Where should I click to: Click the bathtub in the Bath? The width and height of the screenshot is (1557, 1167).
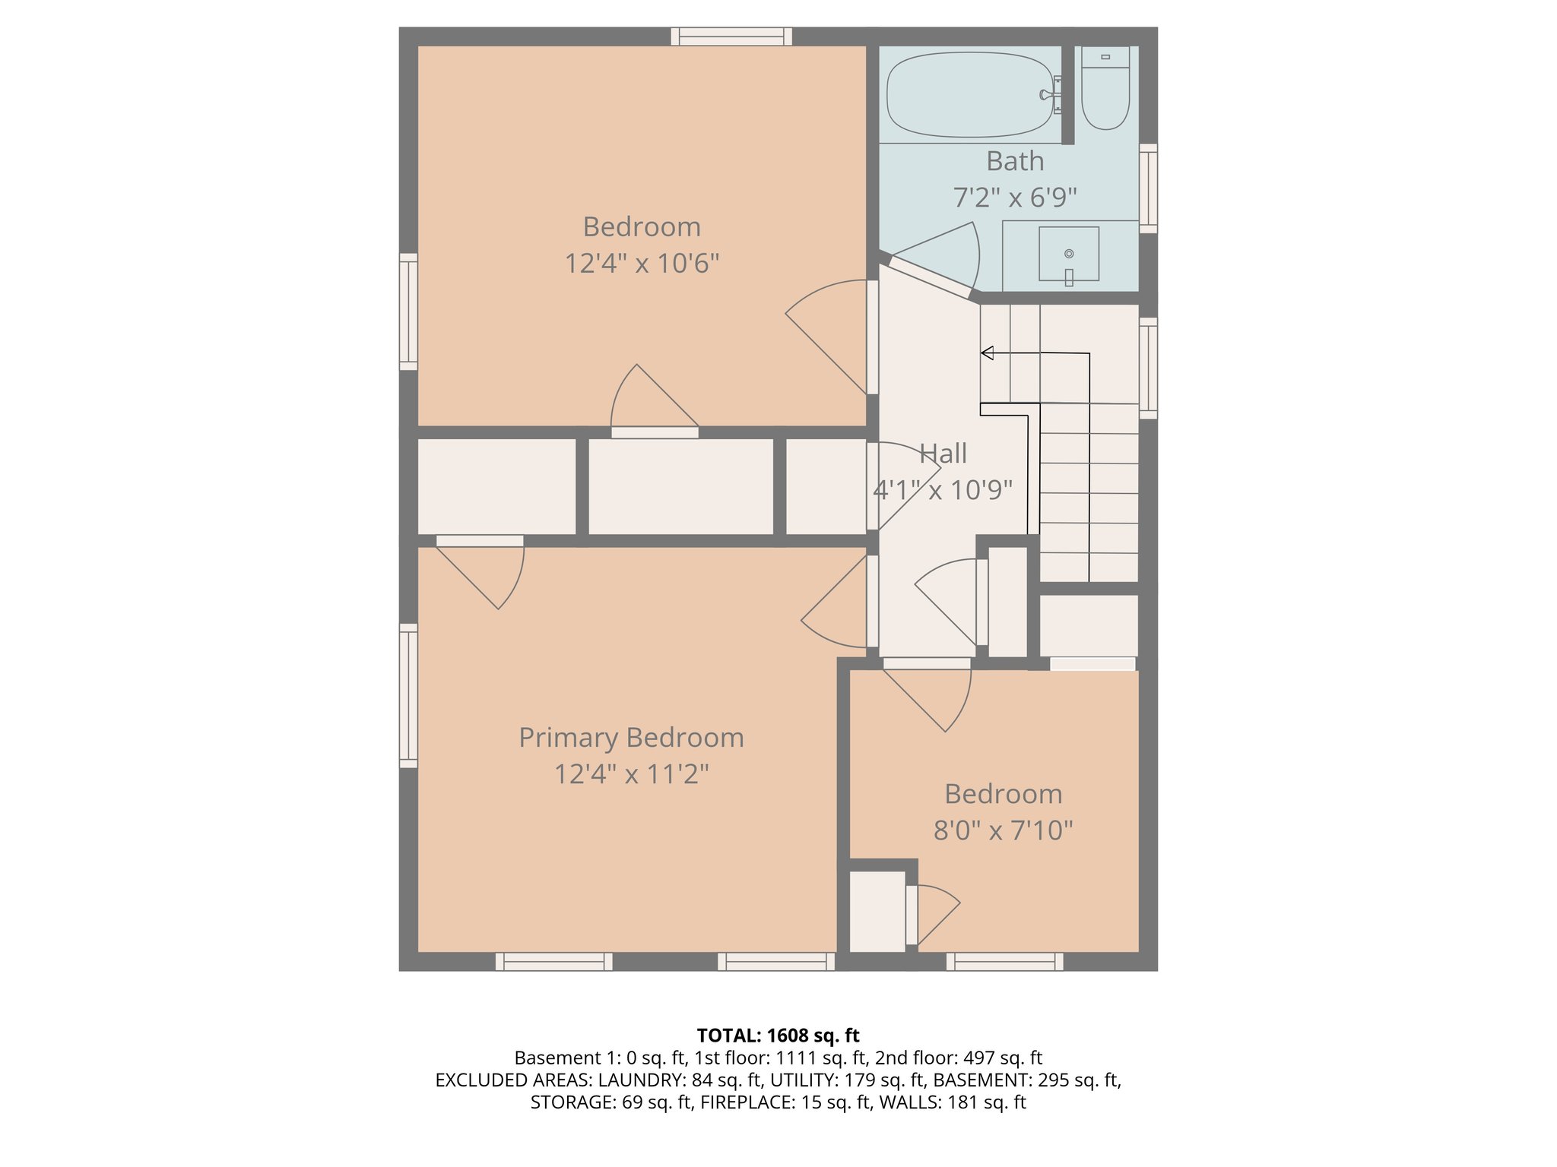pyautogui.click(x=969, y=95)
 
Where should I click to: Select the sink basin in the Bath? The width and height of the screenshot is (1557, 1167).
pyautogui.click(x=1069, y=254)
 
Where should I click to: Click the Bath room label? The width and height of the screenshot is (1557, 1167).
pyautogui.click(x=1015, y=161)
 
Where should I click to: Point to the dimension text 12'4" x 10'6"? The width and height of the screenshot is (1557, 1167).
pyautogui.click(x=642, y=264)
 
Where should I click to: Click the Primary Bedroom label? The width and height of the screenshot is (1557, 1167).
pyautogui.click(x=631, y=738)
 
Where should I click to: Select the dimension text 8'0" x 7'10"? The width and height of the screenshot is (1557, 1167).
pyautogui.click(x=1003, y=830)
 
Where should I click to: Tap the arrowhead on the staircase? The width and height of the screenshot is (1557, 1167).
pyautogui.click(x=988, y=353)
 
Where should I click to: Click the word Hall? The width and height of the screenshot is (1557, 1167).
pyautogui.click(x=943, y=454)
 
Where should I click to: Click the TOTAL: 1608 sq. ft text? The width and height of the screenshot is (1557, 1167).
pyautogui.click(x=778, y=1036)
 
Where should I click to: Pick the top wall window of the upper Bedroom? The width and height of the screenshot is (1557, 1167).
pyautogui.click(x=731, y=36)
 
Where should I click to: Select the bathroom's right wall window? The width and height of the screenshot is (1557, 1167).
pyautogui.click(x=1148, y=188)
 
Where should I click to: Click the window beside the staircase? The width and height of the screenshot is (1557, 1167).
pyautogui.click(x=1148, y=368)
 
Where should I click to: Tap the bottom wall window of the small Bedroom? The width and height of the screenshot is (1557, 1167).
pyautogui.click(x=1004, y=962)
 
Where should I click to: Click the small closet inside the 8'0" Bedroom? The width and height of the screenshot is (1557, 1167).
pyautogui.click(x=877, y=912)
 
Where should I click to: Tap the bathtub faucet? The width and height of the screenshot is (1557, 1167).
pyautogui.click(x=1050, y=95)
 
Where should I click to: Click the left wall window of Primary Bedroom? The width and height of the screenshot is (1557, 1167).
pyautogui.click(x=408, y=695)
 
